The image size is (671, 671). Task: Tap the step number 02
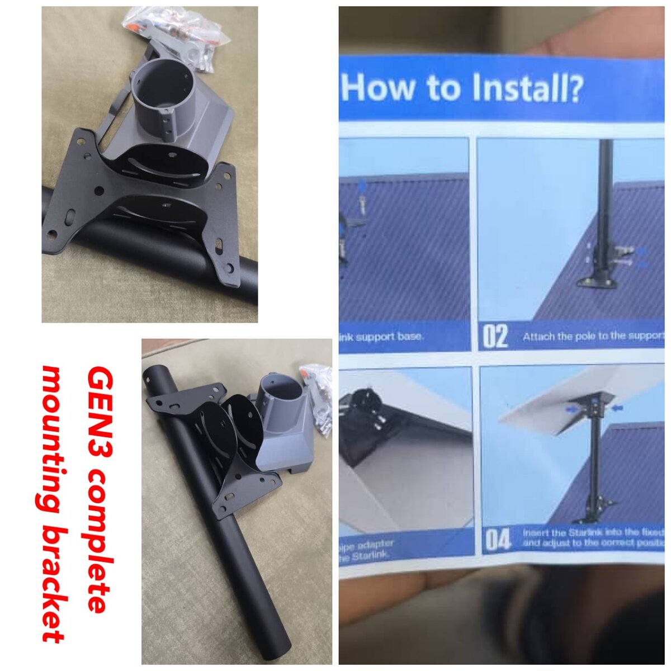(495, 337)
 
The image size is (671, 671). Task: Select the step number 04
(498, 539)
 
